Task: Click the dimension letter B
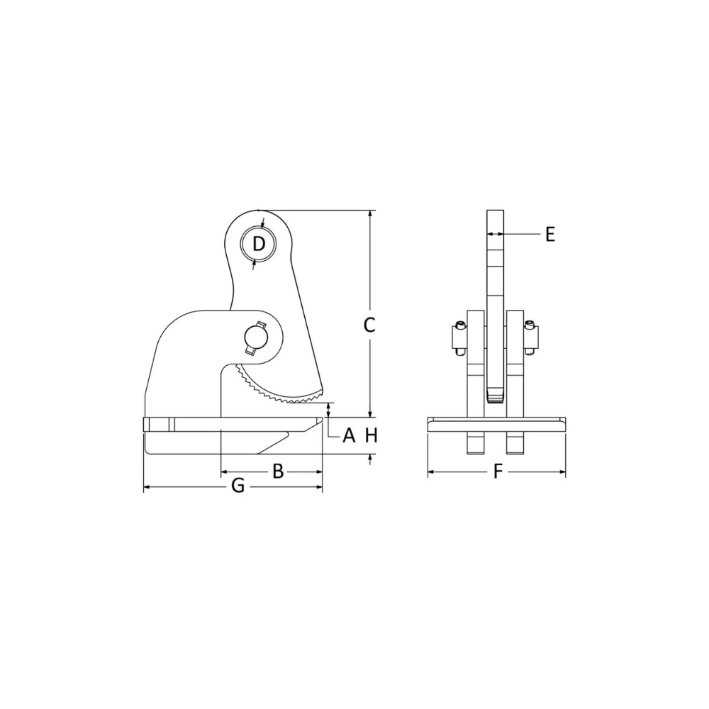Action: click(278, 471)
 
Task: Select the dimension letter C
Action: click(369, 325)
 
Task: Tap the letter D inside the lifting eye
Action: click(259, 245)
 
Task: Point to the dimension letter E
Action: click(550, 234)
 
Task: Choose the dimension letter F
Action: click(498, 471)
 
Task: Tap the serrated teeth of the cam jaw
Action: click(277, 394)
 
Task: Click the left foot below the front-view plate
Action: click(474, 443)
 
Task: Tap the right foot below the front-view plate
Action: click(515, 443)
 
